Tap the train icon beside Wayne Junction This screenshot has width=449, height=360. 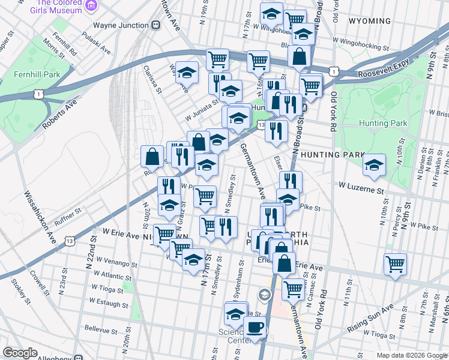click(x=155, y=25)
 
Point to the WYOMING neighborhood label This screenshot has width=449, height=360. click(x=369, y=21)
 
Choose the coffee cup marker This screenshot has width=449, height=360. click(x=255, y=328)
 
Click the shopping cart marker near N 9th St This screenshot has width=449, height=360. click(x=395, y=263)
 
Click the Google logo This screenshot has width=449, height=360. click(x=20, y=353)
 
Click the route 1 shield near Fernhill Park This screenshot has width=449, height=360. click(x=39, y=94)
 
